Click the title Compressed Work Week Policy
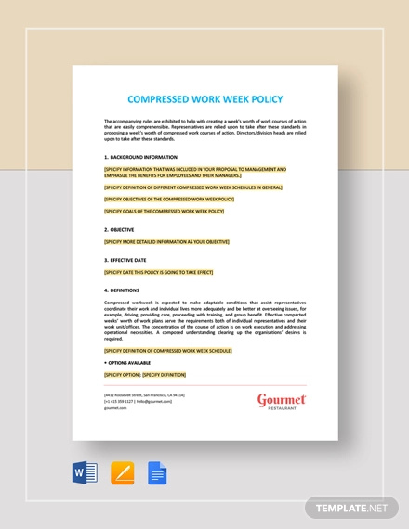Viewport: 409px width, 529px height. point(204,99)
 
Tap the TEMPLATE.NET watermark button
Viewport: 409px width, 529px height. point(350,507)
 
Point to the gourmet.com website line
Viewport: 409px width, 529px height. point(117,409)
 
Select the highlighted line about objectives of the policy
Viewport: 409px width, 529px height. point(169,200)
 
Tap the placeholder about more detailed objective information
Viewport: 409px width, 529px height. point(166,241)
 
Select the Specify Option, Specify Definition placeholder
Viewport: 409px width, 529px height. point(145,374)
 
